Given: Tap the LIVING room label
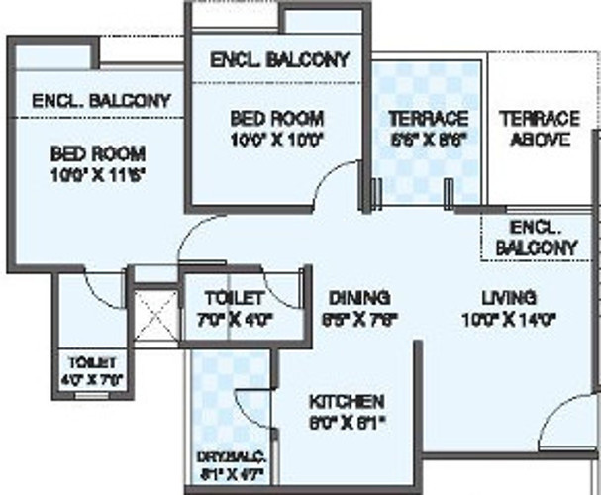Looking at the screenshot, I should click(x=509, y=297).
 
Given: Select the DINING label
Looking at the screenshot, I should click(x=360, y=297).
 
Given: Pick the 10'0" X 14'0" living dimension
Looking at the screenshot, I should click(x=509, y=319).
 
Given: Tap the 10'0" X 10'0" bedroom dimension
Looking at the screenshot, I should click(x=276, y=140).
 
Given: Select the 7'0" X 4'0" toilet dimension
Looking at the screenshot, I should click(x=234, y=319).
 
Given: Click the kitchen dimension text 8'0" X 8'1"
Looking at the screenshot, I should click(x=346, y=423).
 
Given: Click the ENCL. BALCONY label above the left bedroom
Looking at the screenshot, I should click(x=102, y=101).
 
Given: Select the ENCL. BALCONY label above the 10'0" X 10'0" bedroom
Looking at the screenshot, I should click(x=280, y=60).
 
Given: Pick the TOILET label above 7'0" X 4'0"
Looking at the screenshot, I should click(x=234, y=297).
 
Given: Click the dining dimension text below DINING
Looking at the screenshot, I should click(x=360, y=319).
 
